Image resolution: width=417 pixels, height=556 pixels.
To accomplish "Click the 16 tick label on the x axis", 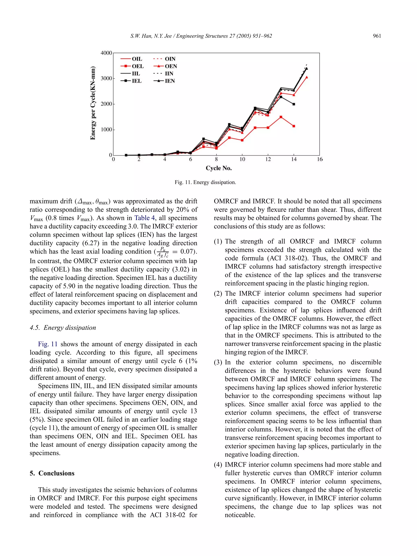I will (319, 159).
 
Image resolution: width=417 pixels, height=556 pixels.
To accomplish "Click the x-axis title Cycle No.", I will (218, 168).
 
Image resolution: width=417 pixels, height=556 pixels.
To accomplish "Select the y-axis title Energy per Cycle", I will (93, 103).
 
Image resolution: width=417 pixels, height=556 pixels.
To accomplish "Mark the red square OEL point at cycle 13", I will (281, 117).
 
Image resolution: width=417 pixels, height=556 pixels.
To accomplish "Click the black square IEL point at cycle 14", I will (294, 104).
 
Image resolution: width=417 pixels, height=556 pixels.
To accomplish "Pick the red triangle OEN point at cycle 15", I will (307, 77).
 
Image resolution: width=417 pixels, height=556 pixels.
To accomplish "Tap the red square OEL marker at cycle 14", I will (294, 126).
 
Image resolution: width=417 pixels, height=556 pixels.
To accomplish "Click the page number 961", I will (377, 36).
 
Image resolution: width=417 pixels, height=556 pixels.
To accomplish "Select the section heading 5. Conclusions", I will (52, 473).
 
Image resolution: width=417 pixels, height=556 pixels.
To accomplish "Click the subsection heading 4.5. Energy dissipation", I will (63, 328).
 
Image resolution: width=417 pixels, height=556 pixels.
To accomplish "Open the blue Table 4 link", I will (145, 218).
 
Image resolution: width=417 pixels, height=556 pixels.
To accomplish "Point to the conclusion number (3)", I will (218, 362).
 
